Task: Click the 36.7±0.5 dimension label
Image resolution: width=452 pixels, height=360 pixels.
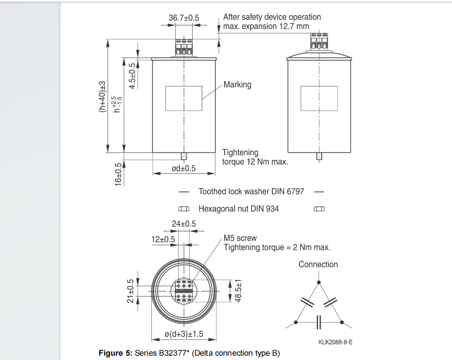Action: click(x=184, y=18)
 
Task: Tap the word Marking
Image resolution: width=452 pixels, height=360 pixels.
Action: click(x=237, y=85)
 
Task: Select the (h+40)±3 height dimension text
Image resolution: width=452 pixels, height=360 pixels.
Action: click(x=102, y=96)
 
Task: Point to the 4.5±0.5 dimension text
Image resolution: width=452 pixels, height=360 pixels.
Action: click(x=132, y=76)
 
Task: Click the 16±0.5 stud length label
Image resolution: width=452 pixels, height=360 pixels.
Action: click(x=119, y=175)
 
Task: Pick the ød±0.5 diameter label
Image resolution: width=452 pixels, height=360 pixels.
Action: click(x=184, y=169)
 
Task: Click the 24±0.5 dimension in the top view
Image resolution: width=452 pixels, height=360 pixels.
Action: click(x=184, y=224)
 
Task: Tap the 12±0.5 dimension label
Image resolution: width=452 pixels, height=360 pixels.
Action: click(x=163, y=239)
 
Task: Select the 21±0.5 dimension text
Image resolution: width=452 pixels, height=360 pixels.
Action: click(x=130, y=291)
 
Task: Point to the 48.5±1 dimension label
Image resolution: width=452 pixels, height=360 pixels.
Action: click(x=238, y=291)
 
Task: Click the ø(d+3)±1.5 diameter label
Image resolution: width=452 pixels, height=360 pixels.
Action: click(x=184, y=334)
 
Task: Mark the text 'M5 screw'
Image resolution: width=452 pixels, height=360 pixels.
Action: click(x=240, y=238)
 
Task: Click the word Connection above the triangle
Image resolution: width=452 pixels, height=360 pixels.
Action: click(x=318, y=265)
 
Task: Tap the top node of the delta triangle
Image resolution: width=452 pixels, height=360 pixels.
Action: click(x=318, y=282)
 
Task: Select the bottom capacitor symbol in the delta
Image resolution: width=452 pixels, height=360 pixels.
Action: click(x=318, y=322)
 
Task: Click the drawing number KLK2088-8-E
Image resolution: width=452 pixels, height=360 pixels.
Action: click(x=335, y=342)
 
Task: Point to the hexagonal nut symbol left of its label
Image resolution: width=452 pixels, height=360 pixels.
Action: click(x=184, y=209)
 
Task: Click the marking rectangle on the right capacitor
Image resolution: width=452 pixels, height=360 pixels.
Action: click(x=319, y=99)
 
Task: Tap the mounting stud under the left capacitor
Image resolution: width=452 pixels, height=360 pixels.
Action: click(x=184, y=156)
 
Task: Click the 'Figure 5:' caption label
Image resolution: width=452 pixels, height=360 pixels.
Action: click(x=115, y=353)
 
